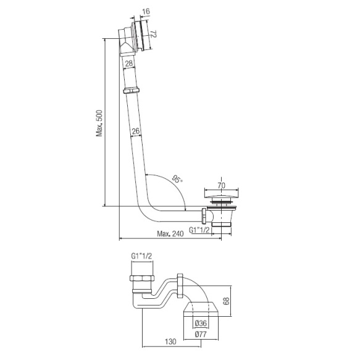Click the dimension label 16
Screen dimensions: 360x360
(146, 11)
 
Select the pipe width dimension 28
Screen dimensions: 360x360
(129, 63)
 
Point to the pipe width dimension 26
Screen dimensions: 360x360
(136, 131)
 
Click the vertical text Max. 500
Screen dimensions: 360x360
(99, 123)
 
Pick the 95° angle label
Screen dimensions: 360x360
(177, 179)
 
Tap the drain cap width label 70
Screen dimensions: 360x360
(222, 185)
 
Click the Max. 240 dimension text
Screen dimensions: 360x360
(170, 234)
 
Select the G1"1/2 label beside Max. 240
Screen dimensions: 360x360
(199, 230)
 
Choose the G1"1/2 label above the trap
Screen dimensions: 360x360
(141, 256)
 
